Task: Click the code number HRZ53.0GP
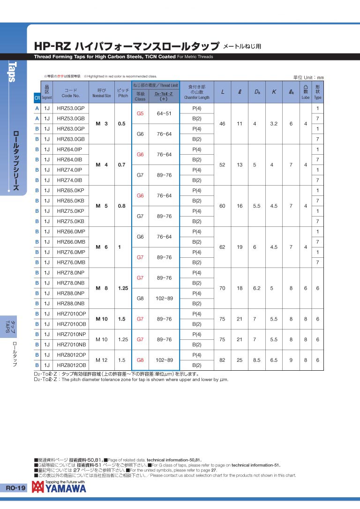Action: [70, 108]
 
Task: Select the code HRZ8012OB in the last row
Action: [71, 365]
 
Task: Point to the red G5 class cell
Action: [140, 113]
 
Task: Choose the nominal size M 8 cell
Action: [102, 288]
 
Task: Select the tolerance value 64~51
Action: [164, 113]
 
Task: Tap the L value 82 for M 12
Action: [222, 360]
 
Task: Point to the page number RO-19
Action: [16, 488]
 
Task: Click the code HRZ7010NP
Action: [71, 334]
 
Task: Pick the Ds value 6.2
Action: [256, 288]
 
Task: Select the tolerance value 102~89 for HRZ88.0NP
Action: [164, 298]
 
